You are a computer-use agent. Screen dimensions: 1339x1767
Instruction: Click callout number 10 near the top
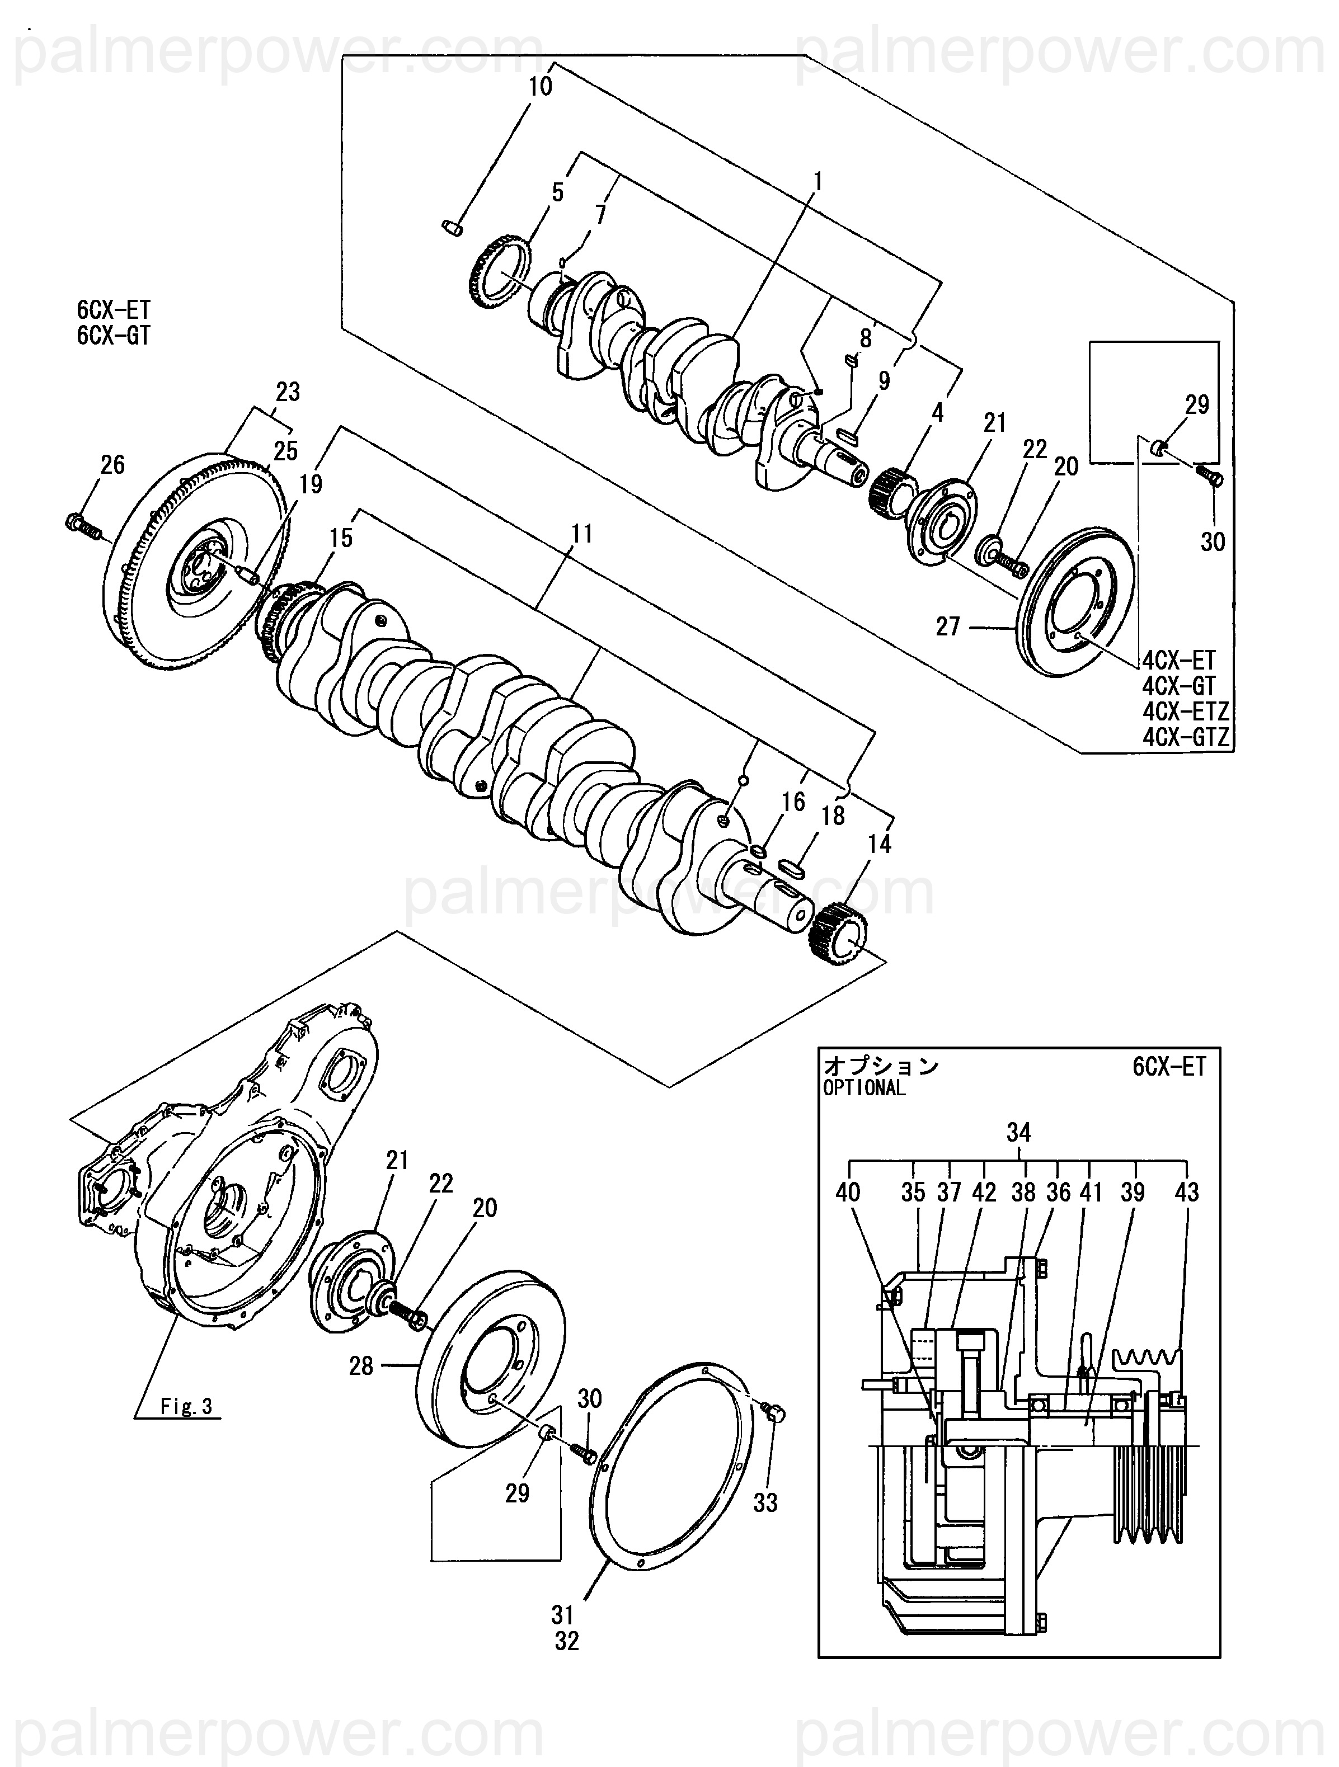[x=540, y=86]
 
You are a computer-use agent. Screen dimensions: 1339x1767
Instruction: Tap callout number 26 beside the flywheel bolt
[x=112, y=464]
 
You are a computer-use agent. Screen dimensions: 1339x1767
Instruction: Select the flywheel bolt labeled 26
[x=82, y=526]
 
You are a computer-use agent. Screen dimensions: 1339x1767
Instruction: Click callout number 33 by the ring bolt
[x=765, y=1502]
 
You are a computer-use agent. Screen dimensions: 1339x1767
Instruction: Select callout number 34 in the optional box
[x=1018, y=1132]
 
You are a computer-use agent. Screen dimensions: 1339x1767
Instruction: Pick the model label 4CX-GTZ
[x=1186, y=737]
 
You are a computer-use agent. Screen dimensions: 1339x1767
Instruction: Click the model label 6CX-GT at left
[x=114, y=336]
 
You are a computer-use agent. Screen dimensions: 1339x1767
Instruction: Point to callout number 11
[x=582, y=534]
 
